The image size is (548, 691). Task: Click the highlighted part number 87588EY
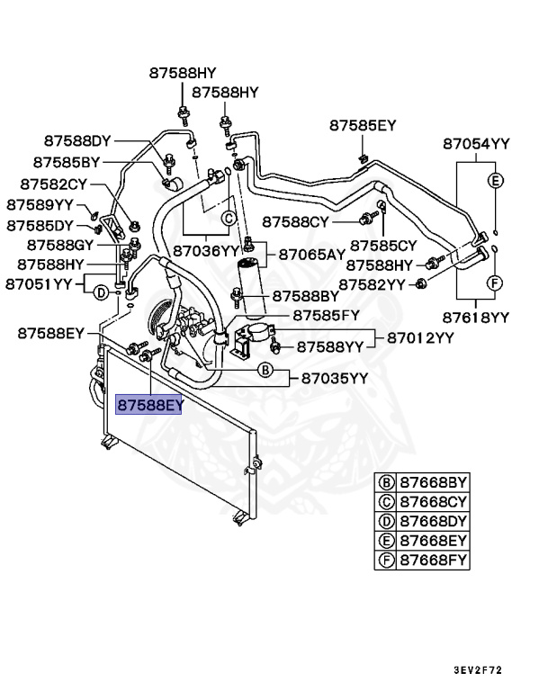(x=149, y=405)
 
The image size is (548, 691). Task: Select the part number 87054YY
(x=476, y=143)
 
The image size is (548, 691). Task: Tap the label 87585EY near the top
(x=362, y=125)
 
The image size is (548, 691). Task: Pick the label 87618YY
(x=476, y=317)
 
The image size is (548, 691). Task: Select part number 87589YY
(x=40, y=204)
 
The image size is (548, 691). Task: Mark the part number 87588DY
(x=77, y=140)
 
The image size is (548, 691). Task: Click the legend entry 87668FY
(x=434, y=560)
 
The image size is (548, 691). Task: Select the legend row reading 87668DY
(x=434, y=522)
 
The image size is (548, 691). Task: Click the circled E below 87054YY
(x=494, y=180)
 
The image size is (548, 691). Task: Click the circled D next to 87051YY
(x=102, y=292)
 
